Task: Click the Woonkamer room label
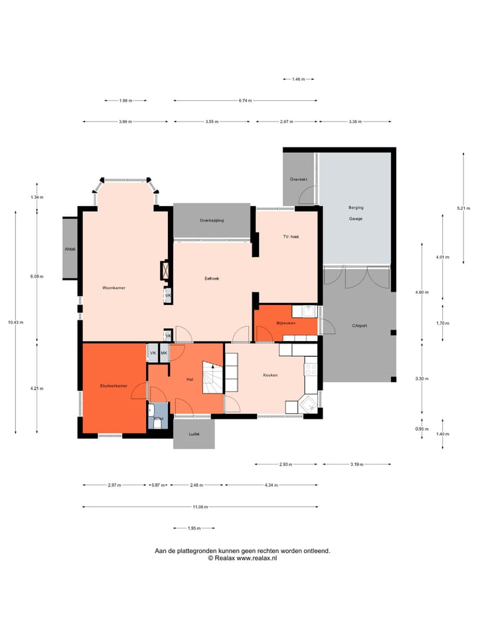click(x=114, y=288)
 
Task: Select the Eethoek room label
click(x=212, y=278)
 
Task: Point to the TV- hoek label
click(x=291, y=237)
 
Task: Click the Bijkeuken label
click(x=287, y=322)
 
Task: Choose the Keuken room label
click(x=270, y=375)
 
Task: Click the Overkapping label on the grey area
click(x=212, y=220)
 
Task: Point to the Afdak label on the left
click(x=70, y=249)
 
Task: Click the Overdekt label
click(x=298, y=179)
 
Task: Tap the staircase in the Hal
click(x=213, y=379)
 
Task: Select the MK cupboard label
click(x=163, y=353)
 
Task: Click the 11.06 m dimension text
click(x=200, y=507)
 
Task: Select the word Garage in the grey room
click(x=355, y=218)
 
